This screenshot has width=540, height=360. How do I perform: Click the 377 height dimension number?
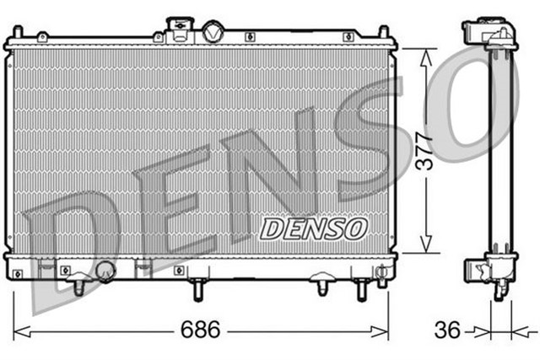(x=429, y=149)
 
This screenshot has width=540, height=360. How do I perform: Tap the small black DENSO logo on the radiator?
(x=314, y=227)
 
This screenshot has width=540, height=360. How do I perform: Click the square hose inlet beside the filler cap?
(x=178, y=30)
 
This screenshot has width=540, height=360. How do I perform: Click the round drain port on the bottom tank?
(x=105, y=271)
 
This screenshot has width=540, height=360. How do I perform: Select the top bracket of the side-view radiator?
(x=493, y=34)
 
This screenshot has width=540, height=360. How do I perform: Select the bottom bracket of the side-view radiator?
(x=492, y=271)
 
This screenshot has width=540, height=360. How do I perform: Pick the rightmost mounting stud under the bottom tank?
(x=362, y=289)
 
